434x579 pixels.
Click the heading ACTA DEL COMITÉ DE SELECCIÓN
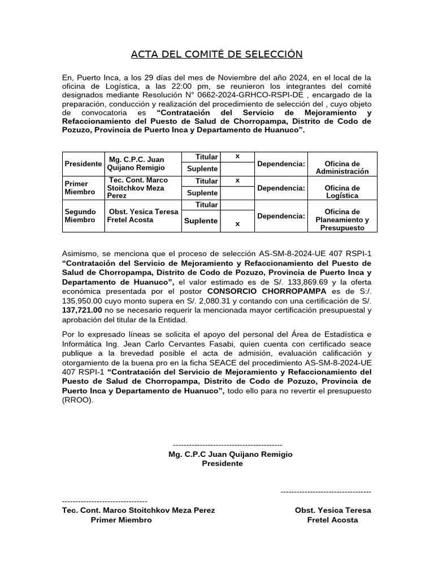click(216, 54)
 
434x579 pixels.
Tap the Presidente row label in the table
click(83, 163)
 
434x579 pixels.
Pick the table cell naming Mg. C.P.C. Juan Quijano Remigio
click(137, 163)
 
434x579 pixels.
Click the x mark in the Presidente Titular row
click(237, 156)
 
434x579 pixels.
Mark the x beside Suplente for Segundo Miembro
click(237, 223)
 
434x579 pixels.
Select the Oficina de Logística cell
click(342, 192)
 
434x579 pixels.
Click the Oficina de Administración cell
click(342, 167)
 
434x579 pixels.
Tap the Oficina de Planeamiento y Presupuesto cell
click(342, 220)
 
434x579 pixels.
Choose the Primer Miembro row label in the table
click(80, 188)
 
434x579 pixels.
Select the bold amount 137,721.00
click(82, 310)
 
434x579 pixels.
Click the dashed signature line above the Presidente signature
click(227, 445)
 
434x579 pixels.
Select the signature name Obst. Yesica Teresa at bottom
click(333, 510)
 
